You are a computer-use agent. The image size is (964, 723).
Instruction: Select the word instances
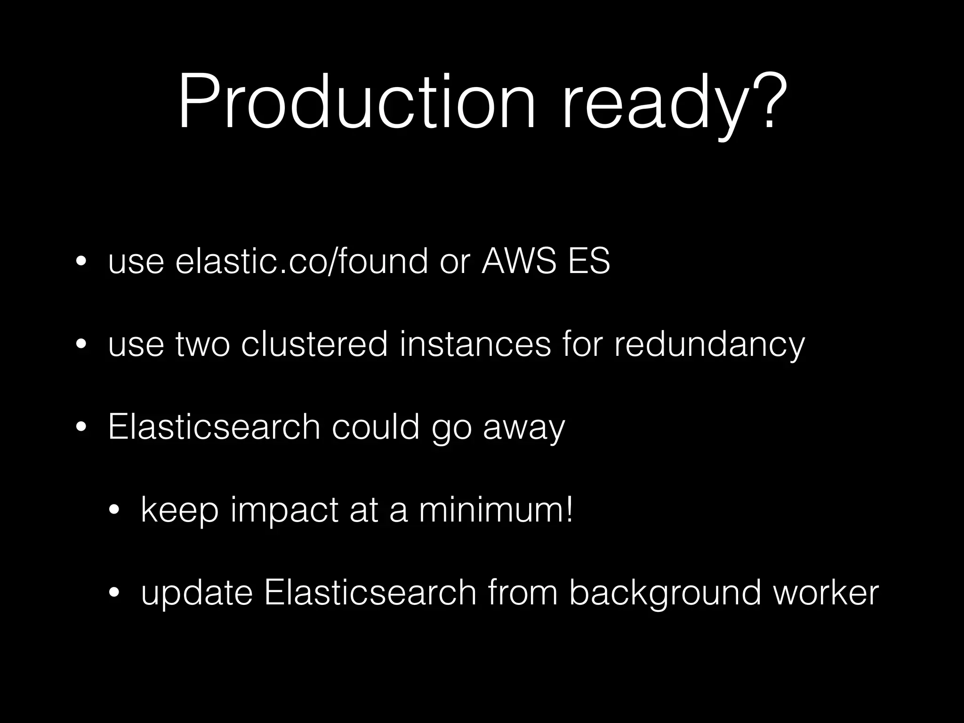click(x=475, y=345)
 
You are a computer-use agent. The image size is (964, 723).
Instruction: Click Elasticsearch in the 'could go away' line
click(x=214, y=427)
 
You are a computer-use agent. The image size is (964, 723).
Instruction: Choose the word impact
click(x=284, y=511)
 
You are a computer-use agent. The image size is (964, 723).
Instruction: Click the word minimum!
click(x=496, y=510)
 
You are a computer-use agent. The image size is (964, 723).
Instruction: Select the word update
click(x=197, y=594)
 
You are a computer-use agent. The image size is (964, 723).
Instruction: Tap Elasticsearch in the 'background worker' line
click(x=370, y=593)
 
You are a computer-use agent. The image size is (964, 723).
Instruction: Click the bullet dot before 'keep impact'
click(x=114, y=511)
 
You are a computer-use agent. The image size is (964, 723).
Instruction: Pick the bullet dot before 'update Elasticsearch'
click(x=114, y=593)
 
